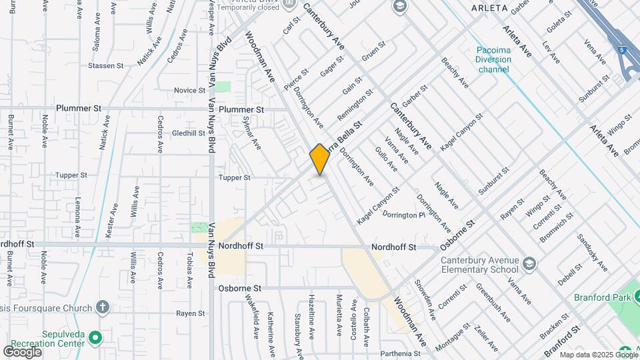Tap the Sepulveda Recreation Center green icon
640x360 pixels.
[x=95, y=337]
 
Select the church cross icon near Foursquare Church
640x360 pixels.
[x=101, y=307]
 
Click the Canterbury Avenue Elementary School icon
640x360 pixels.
[x=529, y=261]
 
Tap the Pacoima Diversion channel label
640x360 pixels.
[x=494, y=59]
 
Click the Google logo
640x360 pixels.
[x=23, y=351]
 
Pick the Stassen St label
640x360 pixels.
[x=107, y=66]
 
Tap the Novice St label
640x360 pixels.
[x=189, y=90]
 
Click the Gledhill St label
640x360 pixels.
[x=188, y=133]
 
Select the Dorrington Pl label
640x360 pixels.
[x=403, y=215]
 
